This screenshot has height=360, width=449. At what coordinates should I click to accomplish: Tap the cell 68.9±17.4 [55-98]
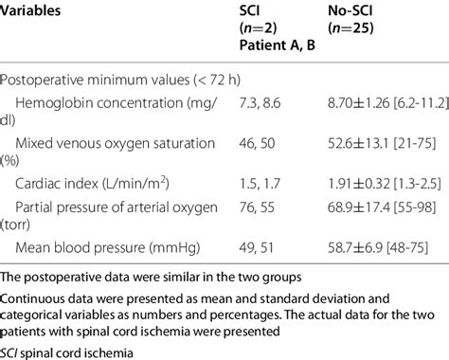pos(375,205)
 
